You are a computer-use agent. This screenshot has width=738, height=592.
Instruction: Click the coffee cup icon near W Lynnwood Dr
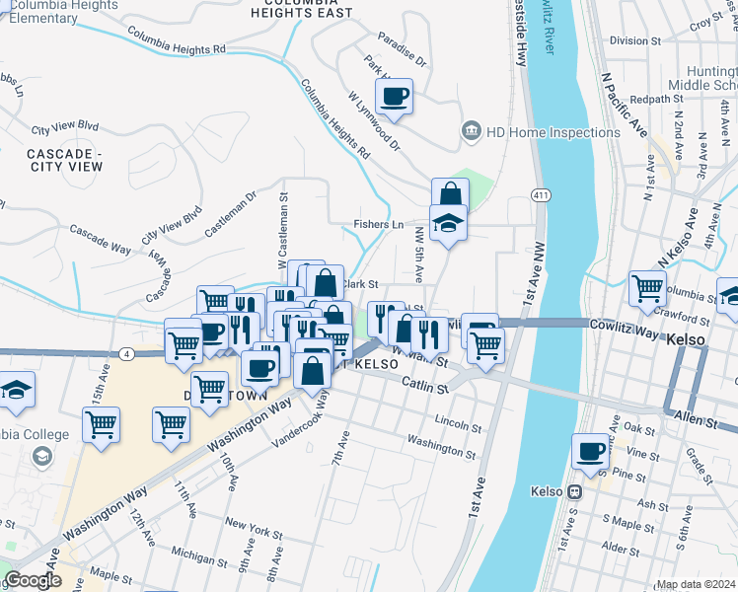click(x=393, y=97)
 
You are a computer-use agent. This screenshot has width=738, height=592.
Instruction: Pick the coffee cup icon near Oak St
click(x=590, y=451)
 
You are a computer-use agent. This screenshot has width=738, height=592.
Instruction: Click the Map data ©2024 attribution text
click(x=696, y=584)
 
